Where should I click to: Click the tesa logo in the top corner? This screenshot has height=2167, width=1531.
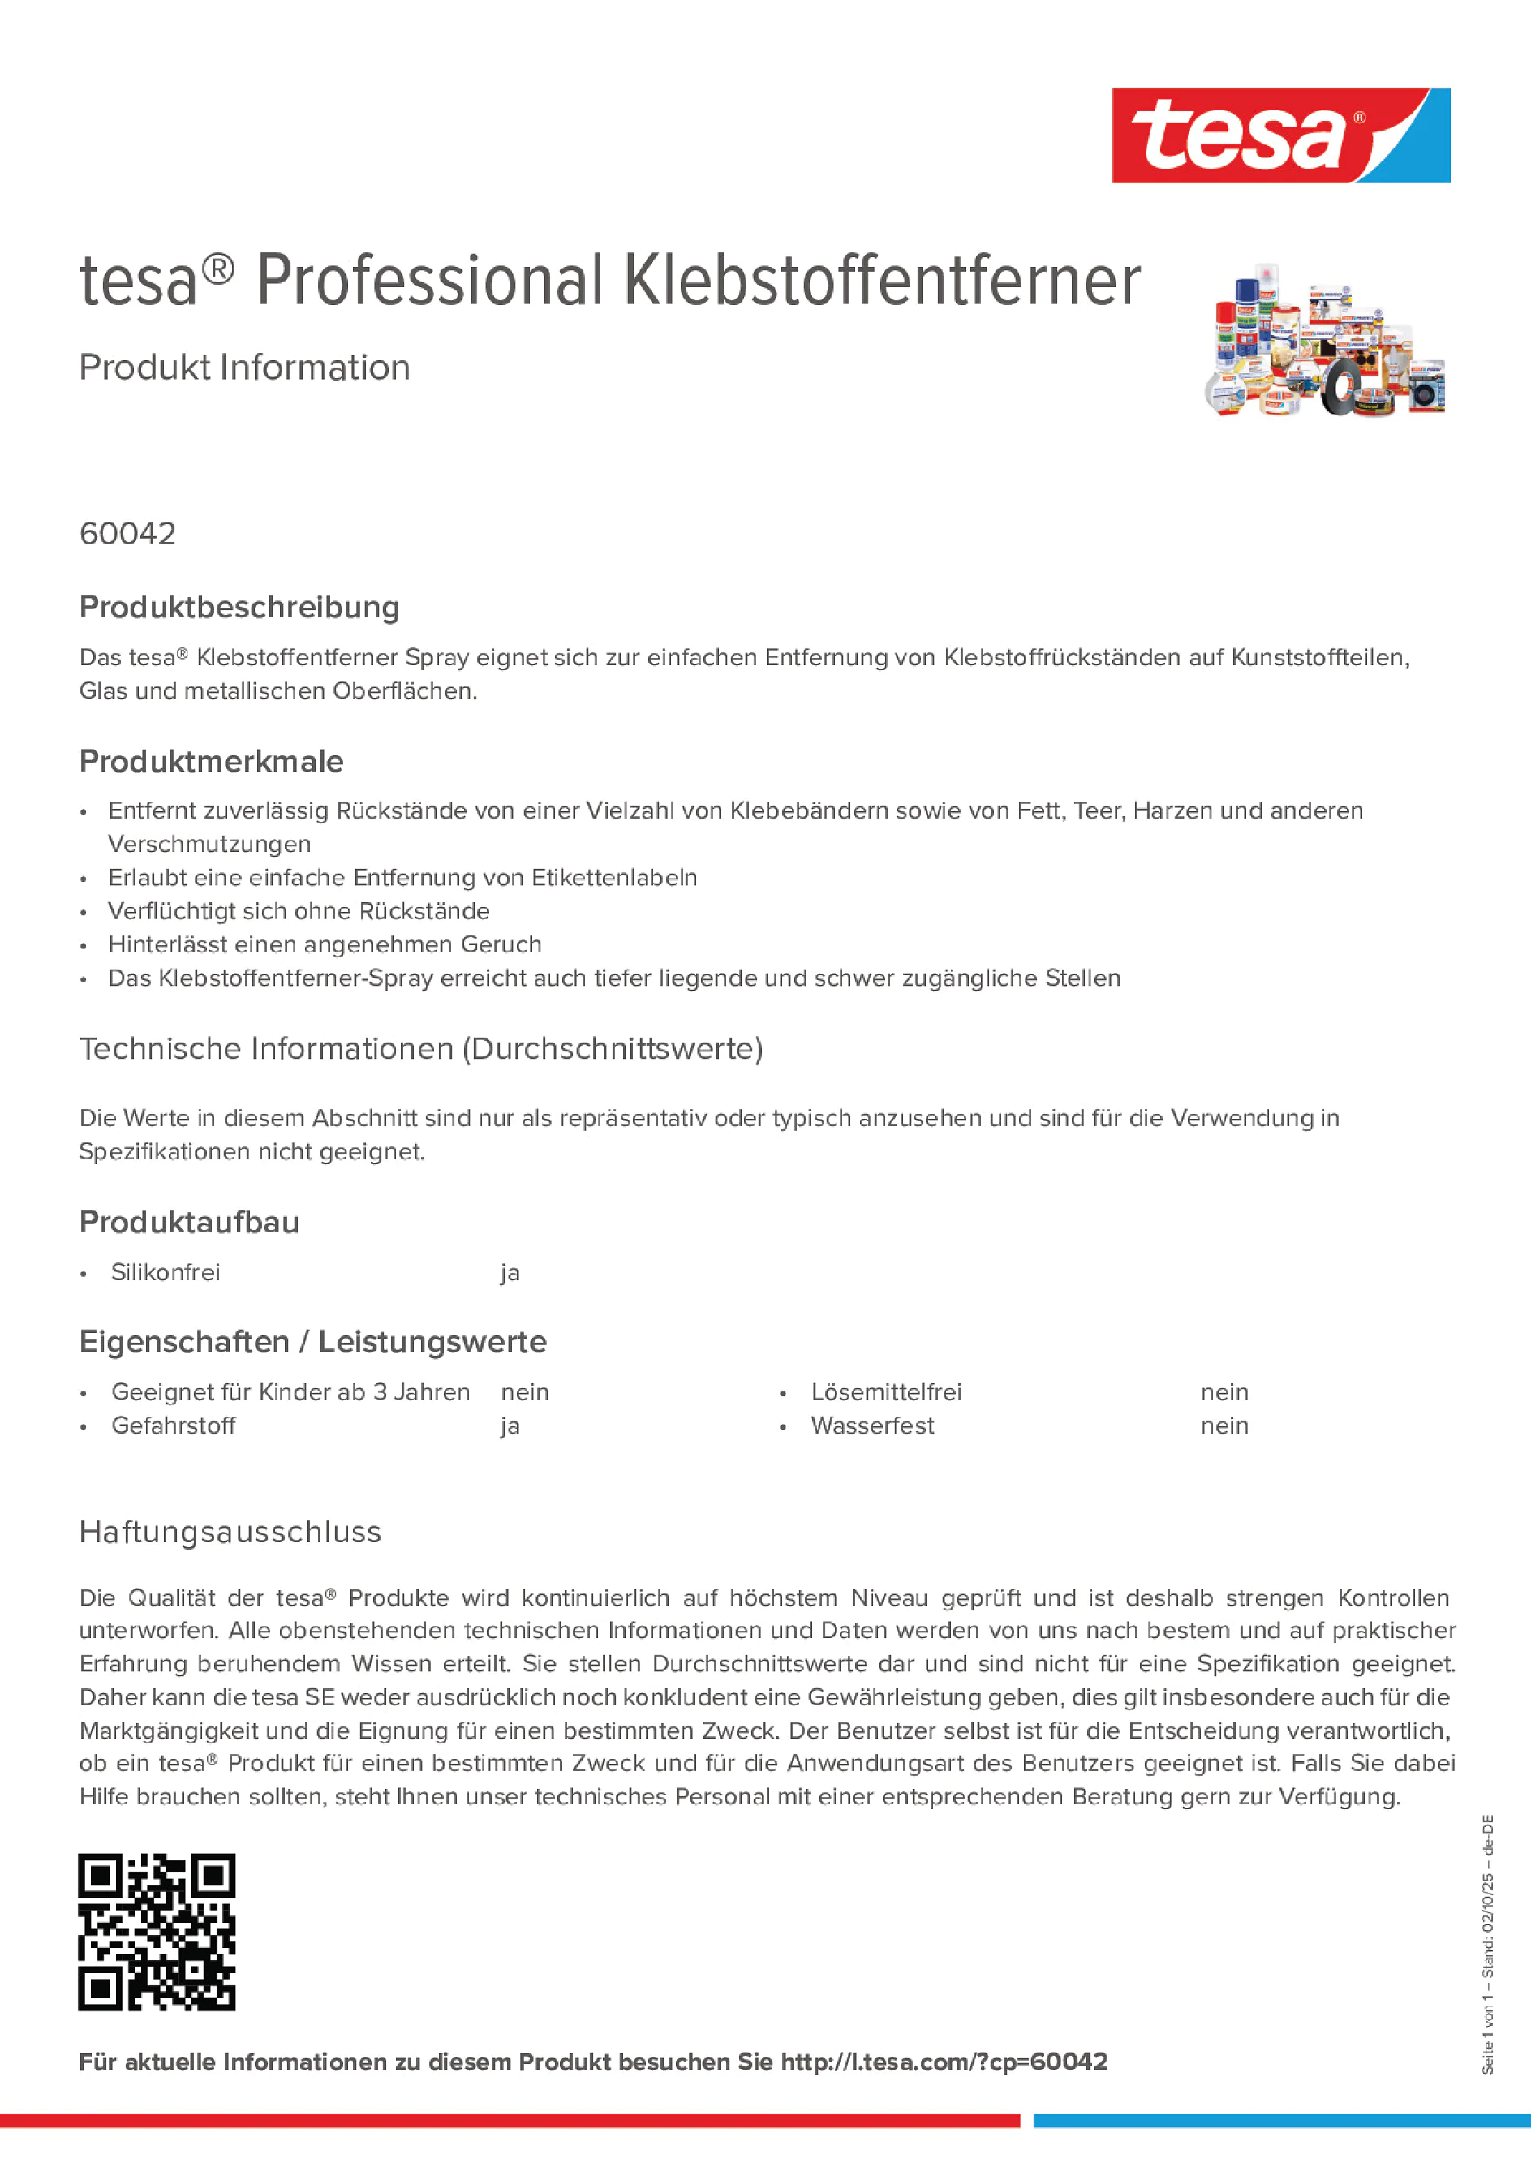(x=1280, y=136)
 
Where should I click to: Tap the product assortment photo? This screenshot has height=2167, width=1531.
(x=1324, y=340)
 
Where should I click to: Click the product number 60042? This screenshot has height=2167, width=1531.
(x=127, y=534)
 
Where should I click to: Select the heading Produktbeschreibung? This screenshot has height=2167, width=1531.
(x=239, y=608)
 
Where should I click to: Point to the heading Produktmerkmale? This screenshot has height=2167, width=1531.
(x=212, y=762)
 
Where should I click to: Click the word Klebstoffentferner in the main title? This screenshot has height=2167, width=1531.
(x=882, y=282)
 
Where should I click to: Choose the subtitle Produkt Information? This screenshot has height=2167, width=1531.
(x=244, y=368)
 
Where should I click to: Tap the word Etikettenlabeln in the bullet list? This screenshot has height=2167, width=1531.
(x=614, y=878)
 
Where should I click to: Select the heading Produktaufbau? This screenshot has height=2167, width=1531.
(x=189, y=1223)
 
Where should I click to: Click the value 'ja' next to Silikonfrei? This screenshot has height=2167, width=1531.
(x=510, y=1273)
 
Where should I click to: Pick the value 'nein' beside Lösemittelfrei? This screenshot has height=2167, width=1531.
(x=1224, y=1392)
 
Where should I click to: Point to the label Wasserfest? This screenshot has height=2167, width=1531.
(x=872, y=1426)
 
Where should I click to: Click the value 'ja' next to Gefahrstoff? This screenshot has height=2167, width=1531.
(x=510, y=1426)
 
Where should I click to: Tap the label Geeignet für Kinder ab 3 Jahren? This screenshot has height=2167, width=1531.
(x=290, y=1392)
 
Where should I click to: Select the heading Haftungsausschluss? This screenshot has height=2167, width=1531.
(x=230, y=1532)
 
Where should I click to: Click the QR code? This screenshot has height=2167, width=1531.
(x=157, y=1932)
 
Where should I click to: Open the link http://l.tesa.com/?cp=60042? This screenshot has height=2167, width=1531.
(x=944, y=2062)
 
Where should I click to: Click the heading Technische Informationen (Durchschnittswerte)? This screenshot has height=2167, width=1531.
(x=421, y=1048)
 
